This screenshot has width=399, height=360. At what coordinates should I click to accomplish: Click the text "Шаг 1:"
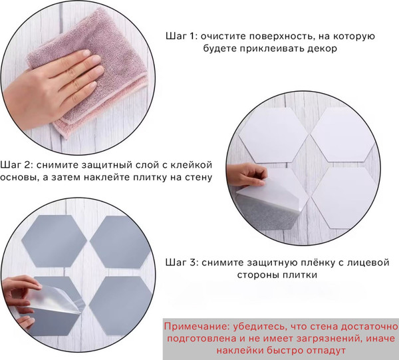click(182, 36)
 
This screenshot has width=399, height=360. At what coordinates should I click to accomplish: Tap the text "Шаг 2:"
click(17, 165)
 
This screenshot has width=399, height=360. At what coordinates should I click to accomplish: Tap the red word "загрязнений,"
click(328, 339)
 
